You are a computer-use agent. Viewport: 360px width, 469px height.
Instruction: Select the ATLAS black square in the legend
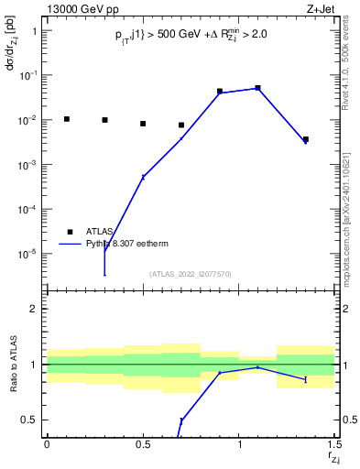click(x=70, y=232)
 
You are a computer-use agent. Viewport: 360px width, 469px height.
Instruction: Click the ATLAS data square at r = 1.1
click(x=258, y=88)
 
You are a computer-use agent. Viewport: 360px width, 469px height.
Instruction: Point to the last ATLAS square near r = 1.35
click(x=306, y=139)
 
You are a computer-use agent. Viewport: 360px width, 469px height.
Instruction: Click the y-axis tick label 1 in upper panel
click(x=35, y=30)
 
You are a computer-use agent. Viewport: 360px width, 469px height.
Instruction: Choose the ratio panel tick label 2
click(x=35, y=309)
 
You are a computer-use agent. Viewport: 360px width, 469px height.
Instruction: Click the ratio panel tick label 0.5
click(x=30, y=420)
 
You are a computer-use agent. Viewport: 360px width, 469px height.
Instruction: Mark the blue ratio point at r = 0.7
click(x=181, y=420)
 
